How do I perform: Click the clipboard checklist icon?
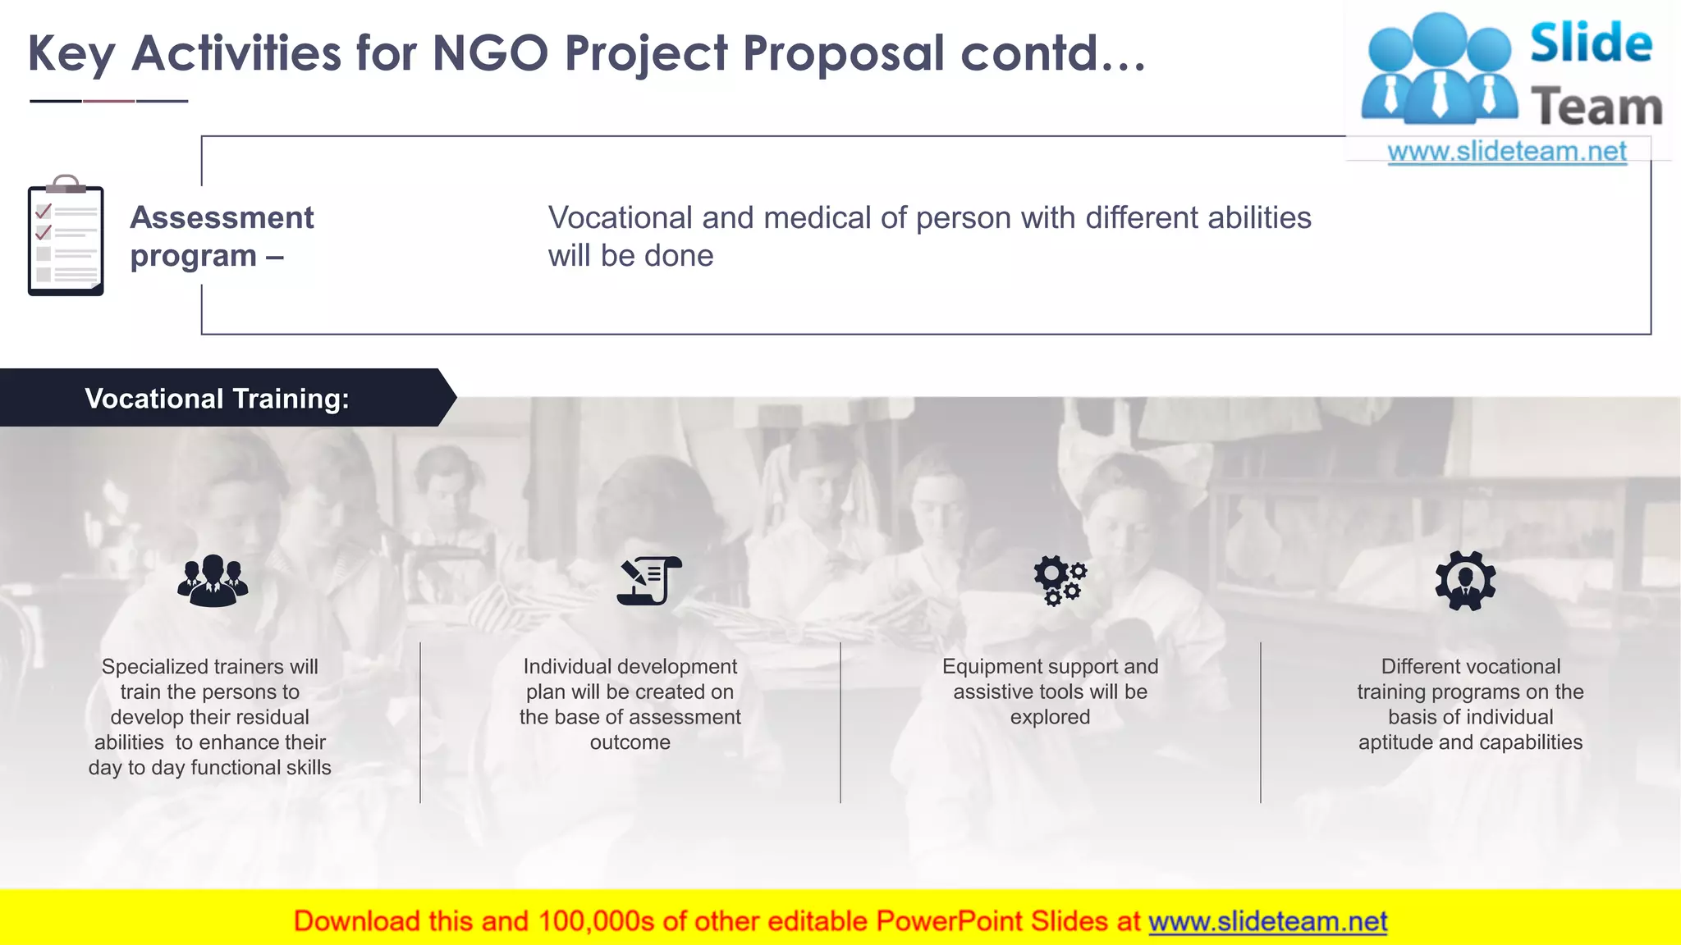(x=66, y=236)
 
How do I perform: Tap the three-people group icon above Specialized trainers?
(x=213, y=581)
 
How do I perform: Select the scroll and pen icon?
(x=648, y=581)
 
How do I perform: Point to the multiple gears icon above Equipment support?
(x=1060, y=581)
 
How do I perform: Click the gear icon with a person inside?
(x=1465, y=581)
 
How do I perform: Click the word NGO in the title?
(x=490, y=53)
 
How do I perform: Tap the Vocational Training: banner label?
(x=217, y=399)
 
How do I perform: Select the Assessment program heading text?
(x=222, y=236)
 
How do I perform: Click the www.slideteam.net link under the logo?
(x=1506, y=151)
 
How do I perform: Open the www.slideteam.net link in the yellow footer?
(x=1267, y=921)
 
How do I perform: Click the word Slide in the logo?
(x=1591, y=43)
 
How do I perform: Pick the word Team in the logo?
(x=1596, y=107)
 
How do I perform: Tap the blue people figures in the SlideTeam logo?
(x=1439, y=70)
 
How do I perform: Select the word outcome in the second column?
(x=630, y=742)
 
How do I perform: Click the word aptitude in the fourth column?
(x=1395, y=742)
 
